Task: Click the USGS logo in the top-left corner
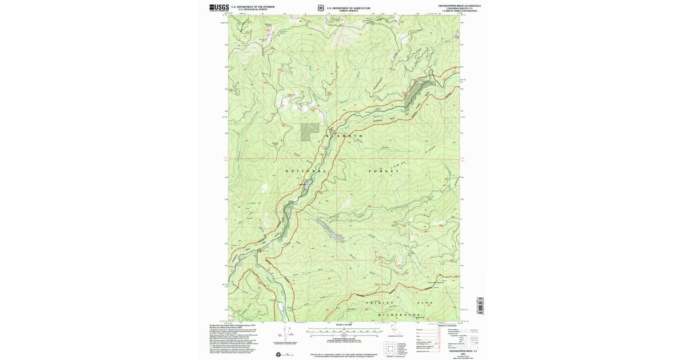[x=219, y=7]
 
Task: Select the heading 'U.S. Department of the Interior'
[x=253, y=6]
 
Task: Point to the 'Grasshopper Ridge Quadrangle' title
[x=459, y=5]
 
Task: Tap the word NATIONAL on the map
[x=306, y=171]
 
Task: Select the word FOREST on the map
[x=383, y=171]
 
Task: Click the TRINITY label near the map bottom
[x=380, y=302]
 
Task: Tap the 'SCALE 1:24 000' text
[x=343, y=326]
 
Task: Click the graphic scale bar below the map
[x=343, y=331]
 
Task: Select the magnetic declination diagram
[x=286, y=334]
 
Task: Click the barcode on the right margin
[x=480, y=305]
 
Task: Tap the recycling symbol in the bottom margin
[x=278, y=355]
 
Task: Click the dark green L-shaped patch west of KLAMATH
[x=310, y=132]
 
